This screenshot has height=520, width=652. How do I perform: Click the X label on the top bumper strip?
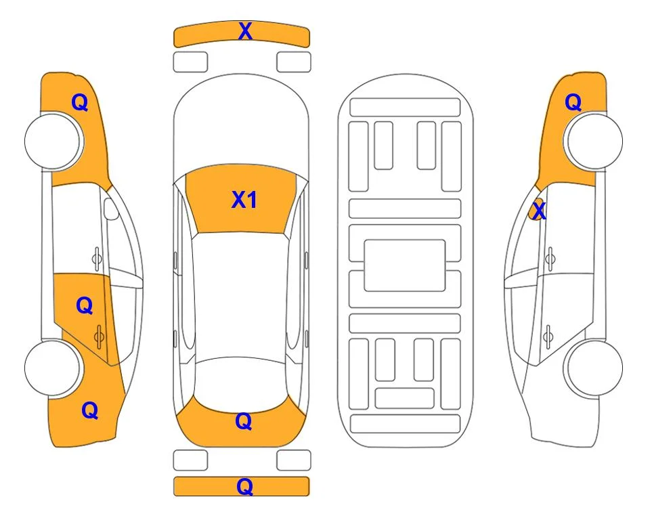click(x=245, y=31)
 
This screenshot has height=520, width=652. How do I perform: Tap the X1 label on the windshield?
click(x=244, y=200)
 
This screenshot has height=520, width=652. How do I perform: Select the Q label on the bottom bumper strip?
click(x=244, y=486)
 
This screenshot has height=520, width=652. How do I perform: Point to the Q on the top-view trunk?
click(x=243, y=421)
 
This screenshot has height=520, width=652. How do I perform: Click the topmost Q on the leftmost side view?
click(x=80, y=102)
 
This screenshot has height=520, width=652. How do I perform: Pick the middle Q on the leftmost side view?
click(x=85, y=306)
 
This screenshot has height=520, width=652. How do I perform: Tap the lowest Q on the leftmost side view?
click(x=89, y=410)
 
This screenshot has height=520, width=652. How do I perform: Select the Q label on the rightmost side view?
click(x=573, y=102)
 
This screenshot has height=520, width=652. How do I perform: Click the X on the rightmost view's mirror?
click(x=539, y=210)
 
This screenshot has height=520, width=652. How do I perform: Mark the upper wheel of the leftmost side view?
click(x=53, y=142)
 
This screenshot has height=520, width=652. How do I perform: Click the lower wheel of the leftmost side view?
click(x=53, y=368)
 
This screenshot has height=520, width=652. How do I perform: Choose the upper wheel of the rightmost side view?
click(x=594, y=142)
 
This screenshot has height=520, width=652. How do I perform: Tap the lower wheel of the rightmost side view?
click(x=594, y=368)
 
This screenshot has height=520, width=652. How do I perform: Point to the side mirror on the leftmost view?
click(x=110, y=209)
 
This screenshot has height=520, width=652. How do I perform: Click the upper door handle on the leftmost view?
click(x=97, y=259)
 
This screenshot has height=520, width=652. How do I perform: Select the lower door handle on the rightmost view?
click(x=548, y=337)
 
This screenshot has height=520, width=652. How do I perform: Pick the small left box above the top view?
click(x=190, y=62)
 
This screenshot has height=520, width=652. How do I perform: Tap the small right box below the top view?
click(x=294, y=460)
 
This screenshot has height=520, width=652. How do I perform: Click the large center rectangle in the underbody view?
click(x=405, y=265)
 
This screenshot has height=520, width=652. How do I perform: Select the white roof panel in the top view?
click(x=241, y=296)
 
